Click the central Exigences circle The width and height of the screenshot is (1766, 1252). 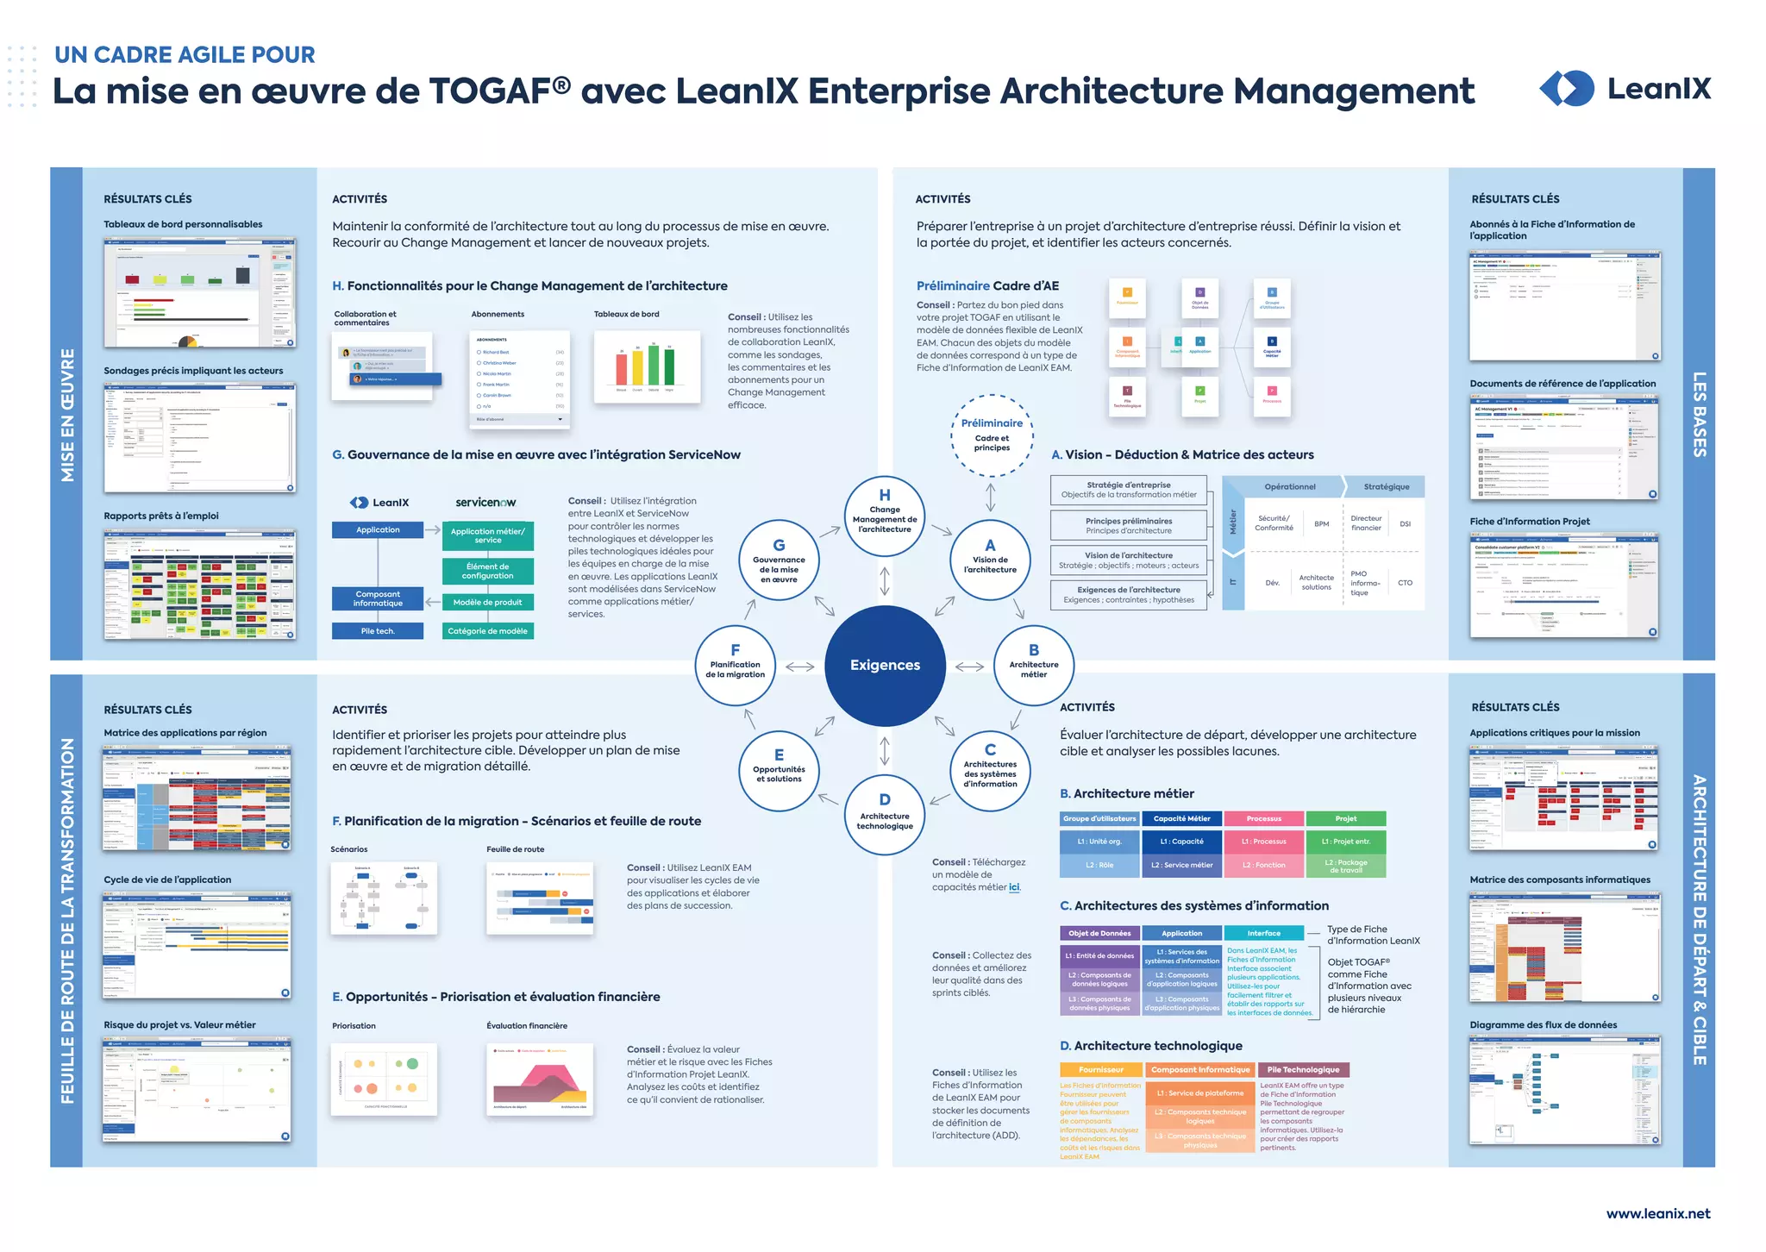[x=885, y=665]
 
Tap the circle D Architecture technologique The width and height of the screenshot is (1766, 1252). [x=885, y=814]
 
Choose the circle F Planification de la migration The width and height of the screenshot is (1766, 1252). [x=736, y=665]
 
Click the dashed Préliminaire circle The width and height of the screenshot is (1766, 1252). [x=992, y=435]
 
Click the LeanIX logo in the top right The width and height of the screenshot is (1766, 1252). [x=1625, y=89]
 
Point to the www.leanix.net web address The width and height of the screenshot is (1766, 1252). [x=1657, y=1213]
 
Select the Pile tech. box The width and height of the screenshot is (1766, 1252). [x=378, y=631]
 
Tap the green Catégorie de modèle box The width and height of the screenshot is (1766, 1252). [x=487, y=631]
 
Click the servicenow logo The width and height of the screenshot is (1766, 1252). [x=485, y=502]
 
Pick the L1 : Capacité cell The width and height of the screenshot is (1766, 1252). [x=1181, y=842]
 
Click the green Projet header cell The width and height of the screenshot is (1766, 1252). [x=1345, y=818]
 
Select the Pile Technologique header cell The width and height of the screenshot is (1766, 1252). [x=1303, y=1069]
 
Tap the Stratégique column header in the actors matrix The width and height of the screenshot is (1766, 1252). [x=1387, y=486]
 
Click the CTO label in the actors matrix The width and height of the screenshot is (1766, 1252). [x=1405, y=583]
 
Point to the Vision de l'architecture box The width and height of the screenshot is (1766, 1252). [x=1129, y=560]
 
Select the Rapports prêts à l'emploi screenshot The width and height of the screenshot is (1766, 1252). [x=199, y=584]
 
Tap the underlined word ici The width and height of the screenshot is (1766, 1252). [x=1014, y=887]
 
